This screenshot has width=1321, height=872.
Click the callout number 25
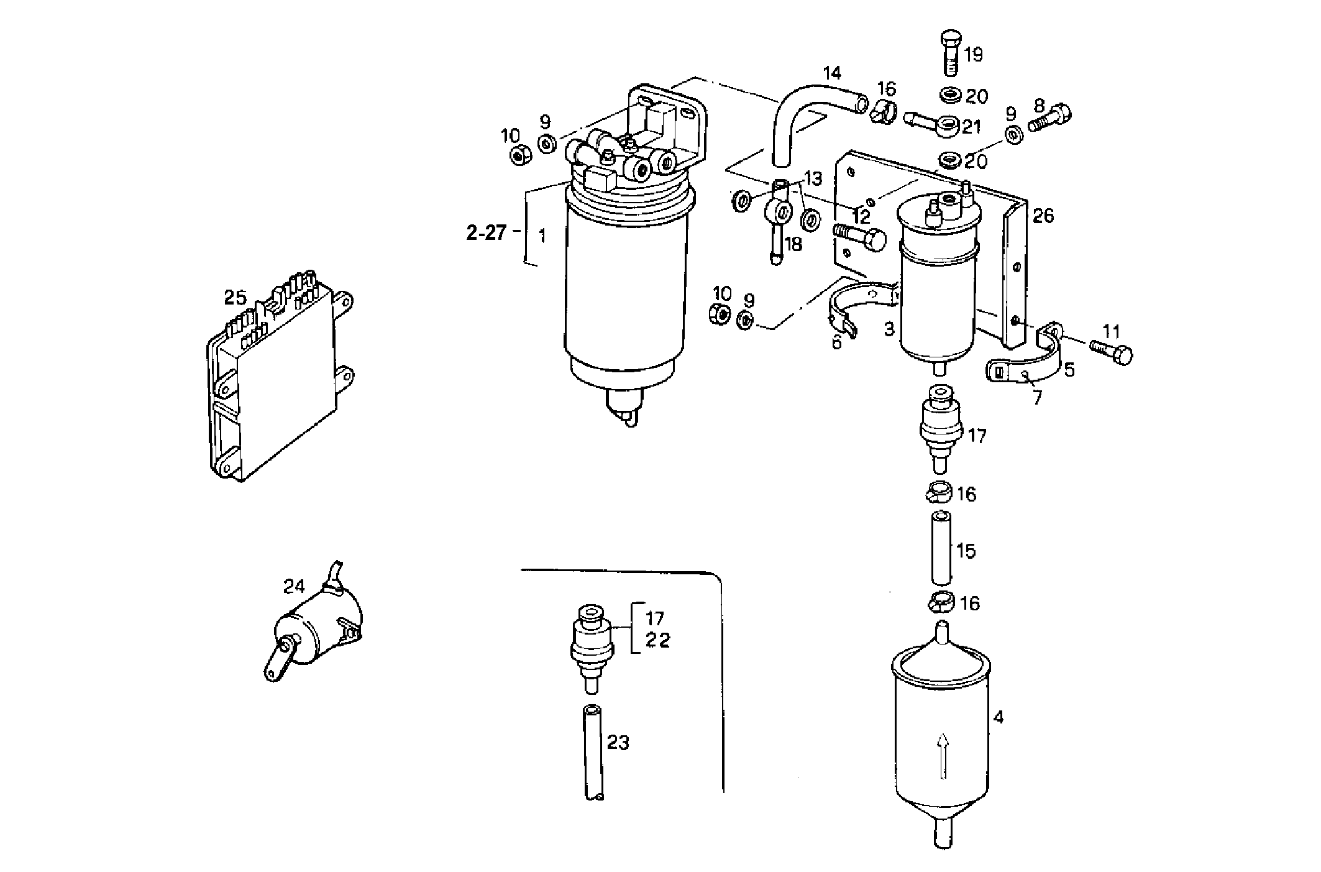[235, 298]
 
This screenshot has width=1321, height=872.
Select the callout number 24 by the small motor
[295, 585]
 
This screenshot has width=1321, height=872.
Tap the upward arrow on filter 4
[943, 755]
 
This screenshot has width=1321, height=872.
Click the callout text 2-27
[487, 234]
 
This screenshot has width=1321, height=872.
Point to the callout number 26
[1043, 216]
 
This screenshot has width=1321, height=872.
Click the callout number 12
[861, 218]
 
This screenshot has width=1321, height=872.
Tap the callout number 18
[793, 244]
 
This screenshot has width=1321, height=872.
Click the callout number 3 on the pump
[889, 329]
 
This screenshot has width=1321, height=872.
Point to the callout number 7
[1037, 397]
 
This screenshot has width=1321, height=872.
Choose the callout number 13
[813, 180]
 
